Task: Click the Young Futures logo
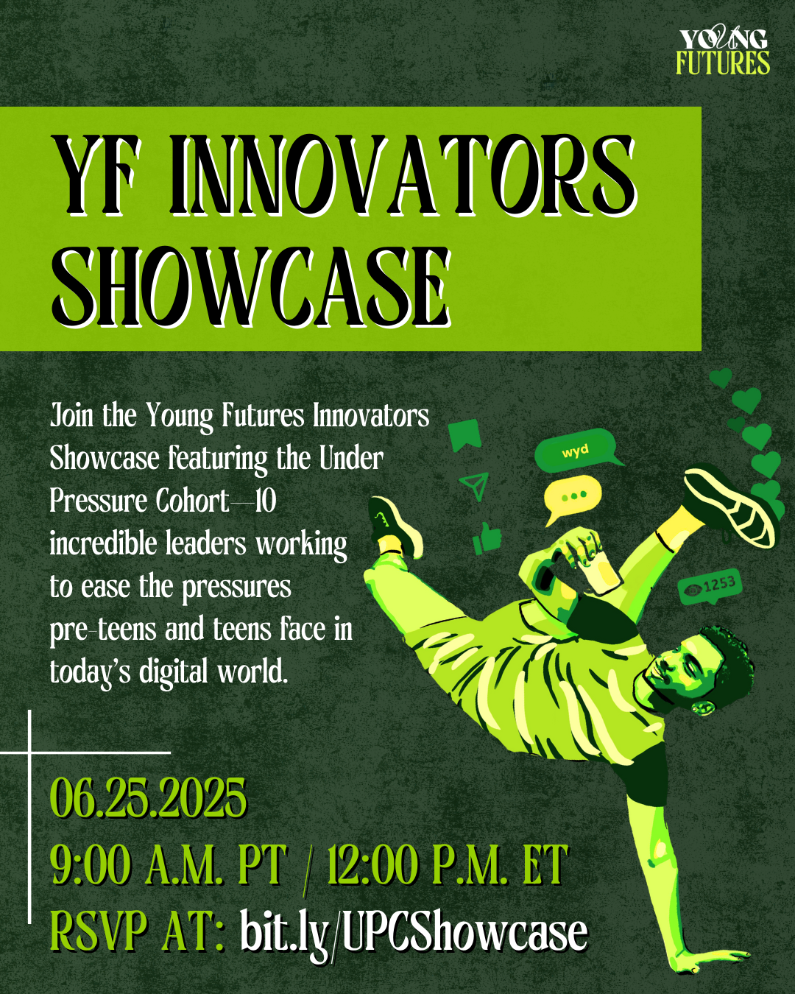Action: (723, 51)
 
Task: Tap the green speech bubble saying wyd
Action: (577, 450)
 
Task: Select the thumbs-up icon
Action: (487, 538)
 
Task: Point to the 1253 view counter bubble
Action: (710, 585)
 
